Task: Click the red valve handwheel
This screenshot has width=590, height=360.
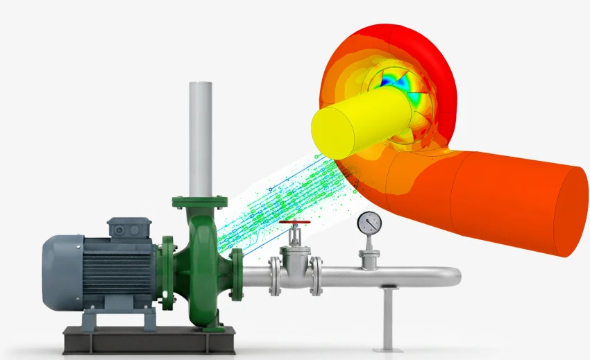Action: tap(294, 224)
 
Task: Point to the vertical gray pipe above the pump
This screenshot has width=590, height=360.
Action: tap(201, 139)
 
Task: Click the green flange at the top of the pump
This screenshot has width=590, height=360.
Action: tap(200, 203)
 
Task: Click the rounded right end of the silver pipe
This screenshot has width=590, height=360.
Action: tap(455, 277)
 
